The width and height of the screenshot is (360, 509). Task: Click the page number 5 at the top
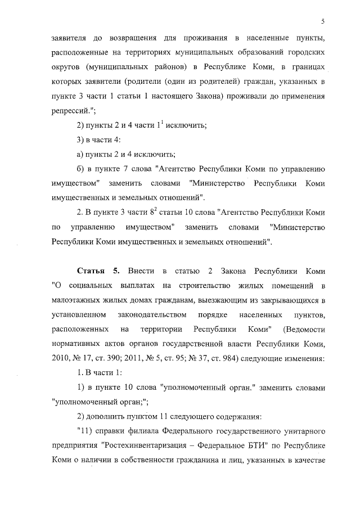coord(323,21)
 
